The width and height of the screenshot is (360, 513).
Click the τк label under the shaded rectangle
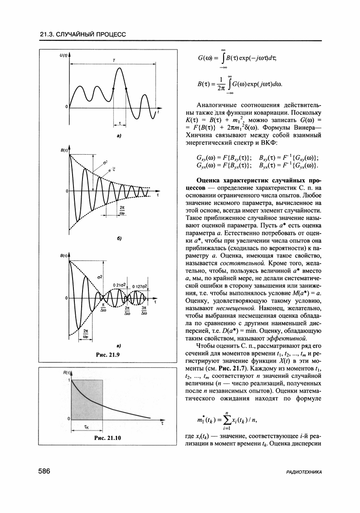(86, 427)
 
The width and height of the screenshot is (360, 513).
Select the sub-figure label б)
(119, 238)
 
